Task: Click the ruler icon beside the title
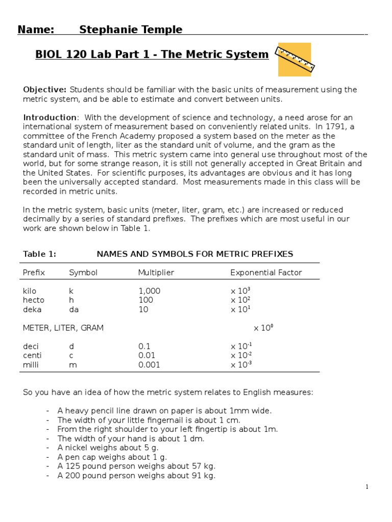295,60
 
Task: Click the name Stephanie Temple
131,30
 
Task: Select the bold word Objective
44,90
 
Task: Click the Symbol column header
83,273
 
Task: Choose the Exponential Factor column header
266,273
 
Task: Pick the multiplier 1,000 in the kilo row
149,291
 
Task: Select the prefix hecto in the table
34,300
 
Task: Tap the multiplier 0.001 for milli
149,364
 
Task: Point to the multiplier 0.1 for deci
144,346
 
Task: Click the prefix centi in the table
32,355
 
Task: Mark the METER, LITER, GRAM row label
63,328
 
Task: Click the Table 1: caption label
39,254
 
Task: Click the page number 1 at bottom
366,487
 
